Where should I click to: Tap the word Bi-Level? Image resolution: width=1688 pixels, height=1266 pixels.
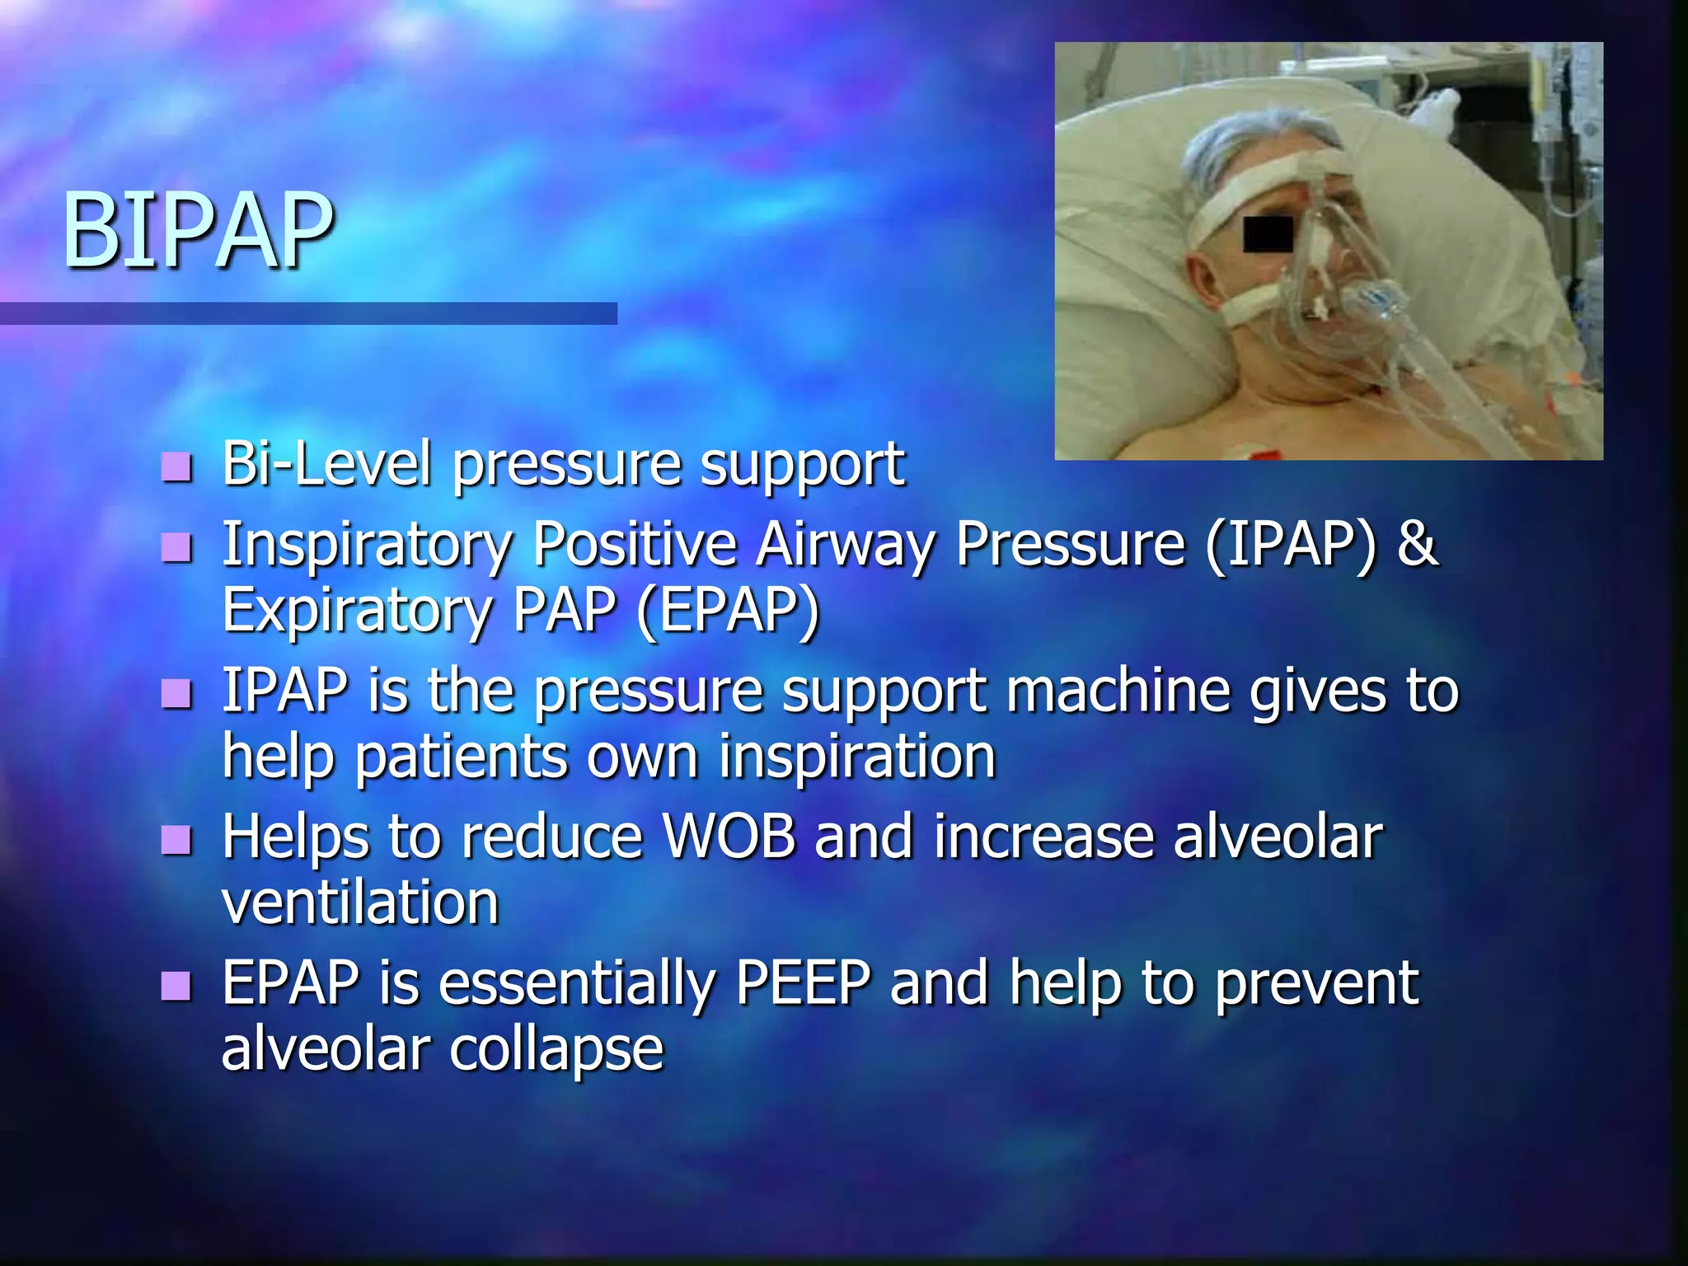tap(326, 464)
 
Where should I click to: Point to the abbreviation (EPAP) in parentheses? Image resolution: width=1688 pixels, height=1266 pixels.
tap(728, 611)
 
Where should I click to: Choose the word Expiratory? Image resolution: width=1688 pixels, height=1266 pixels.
tap(356, 611)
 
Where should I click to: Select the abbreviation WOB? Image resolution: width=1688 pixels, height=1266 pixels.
tap(729, 837)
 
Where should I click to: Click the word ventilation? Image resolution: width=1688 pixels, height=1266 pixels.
tap(360, 903)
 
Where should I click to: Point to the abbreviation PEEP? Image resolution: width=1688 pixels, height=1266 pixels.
tap(803, 982)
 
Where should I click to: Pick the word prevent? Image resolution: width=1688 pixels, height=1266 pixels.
tap(1316, 982)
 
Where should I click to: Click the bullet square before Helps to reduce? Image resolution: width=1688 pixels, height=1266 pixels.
tap(176, 840)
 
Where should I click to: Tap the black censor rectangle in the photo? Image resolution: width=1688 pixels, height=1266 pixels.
tap(1268, 234)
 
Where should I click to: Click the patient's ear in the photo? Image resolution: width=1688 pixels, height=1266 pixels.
tap(1205, 284)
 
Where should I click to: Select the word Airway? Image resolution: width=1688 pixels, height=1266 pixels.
tap(845, 545)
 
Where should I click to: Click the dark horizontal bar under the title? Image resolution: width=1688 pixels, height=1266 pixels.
tap(308, 313)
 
